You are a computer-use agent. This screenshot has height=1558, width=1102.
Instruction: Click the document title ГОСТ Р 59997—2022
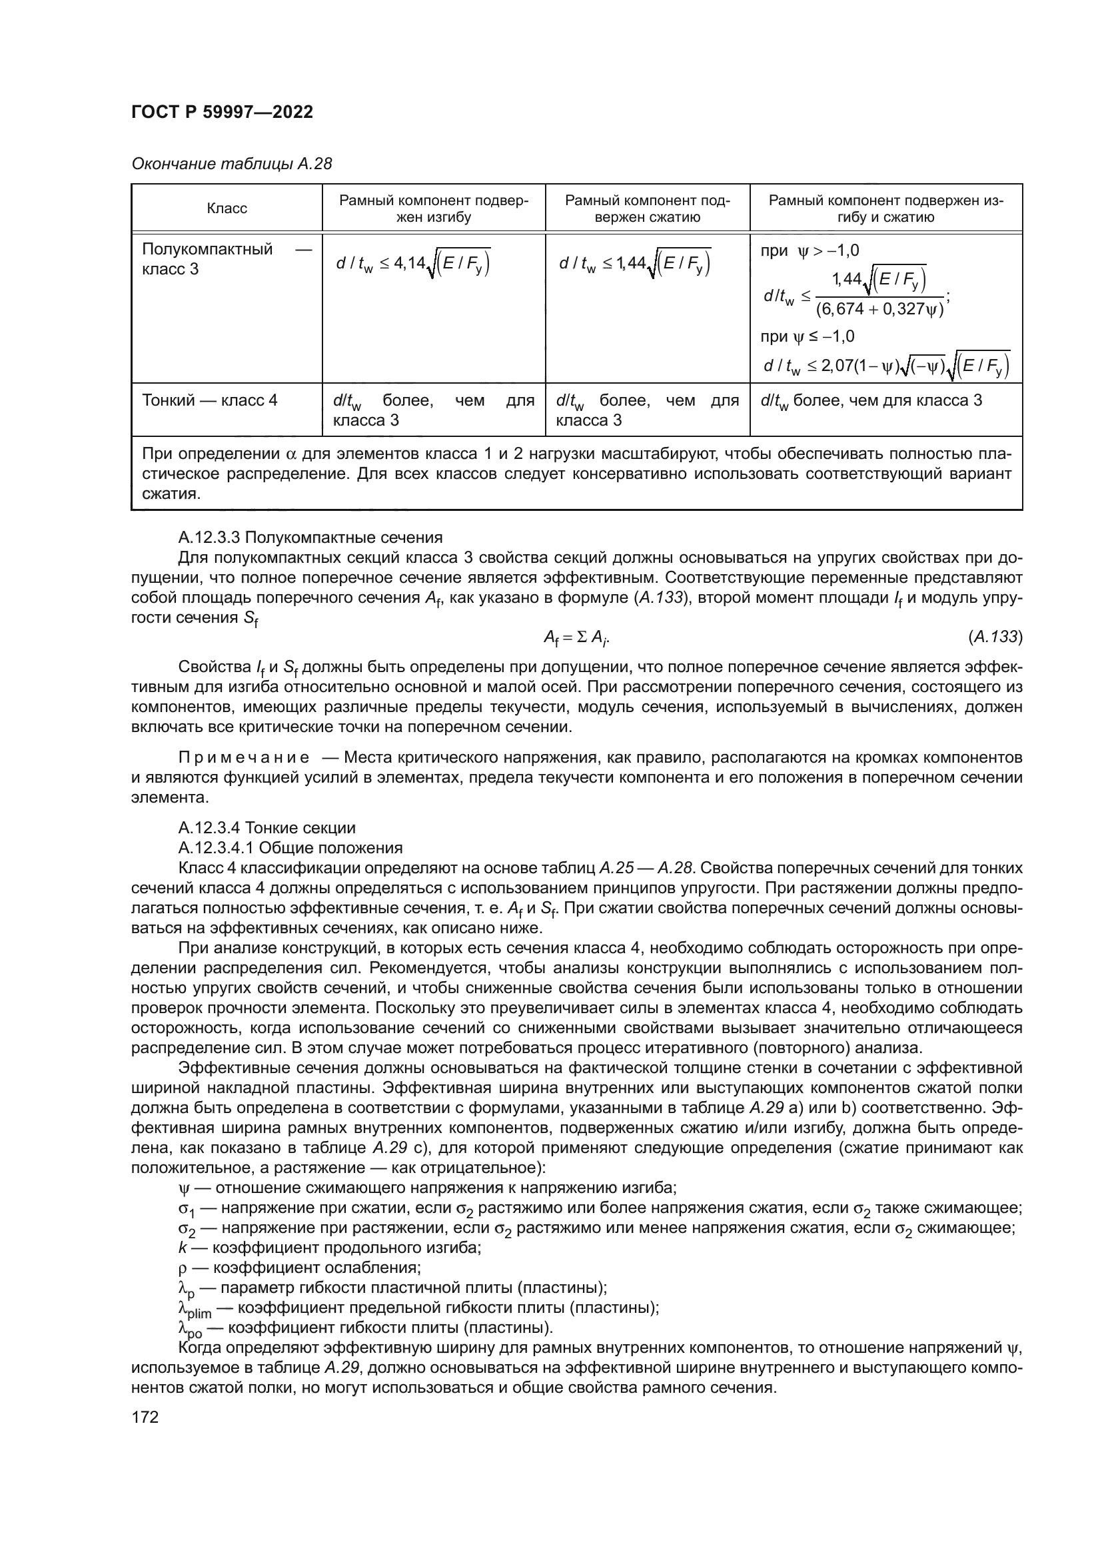coord(222,113)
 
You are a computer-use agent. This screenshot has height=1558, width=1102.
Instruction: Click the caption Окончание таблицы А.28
coord(231,165)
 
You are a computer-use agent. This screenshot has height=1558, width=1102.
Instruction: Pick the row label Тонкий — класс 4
coord(210,400)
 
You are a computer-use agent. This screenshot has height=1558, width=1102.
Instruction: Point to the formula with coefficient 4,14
coord(413,263)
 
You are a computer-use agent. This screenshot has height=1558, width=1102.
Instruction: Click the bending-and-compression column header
coord(885,209)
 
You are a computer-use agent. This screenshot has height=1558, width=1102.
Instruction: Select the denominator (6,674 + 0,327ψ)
coord(879,310)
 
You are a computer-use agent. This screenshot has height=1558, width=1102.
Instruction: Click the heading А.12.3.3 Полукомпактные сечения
coord(310,538)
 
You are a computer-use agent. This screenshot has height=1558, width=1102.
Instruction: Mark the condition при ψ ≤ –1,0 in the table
coord(808,337)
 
